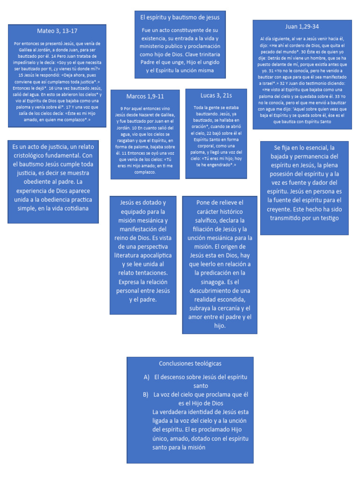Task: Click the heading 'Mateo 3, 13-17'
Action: [x=57, y=31]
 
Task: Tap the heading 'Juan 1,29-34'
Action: [x=302, y=26]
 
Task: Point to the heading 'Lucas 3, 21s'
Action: [x=216, y=95]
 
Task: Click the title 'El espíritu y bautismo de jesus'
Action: [x=180, y=17]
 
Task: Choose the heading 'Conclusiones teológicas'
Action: [x=190, y=363]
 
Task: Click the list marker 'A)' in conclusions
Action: [x=147, y=377]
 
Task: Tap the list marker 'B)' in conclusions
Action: [x=146, y=395]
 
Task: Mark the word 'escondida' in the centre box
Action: [x=235, y=299]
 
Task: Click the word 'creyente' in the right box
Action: [x=282, y=209]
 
